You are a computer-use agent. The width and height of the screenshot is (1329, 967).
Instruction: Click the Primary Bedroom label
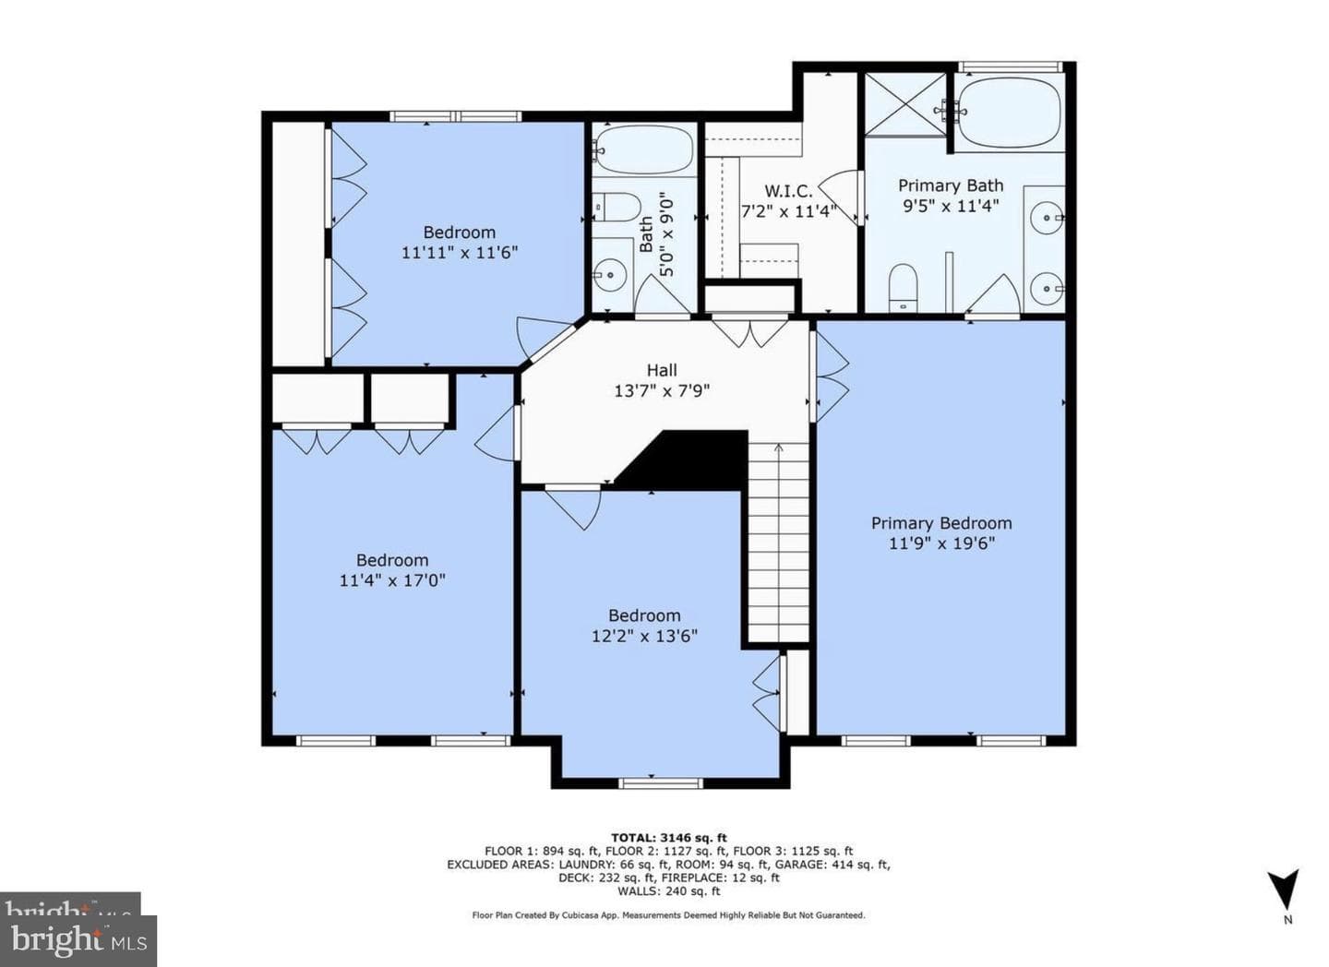coord(941,523)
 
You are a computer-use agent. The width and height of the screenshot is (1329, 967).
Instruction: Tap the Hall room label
coord(662,370)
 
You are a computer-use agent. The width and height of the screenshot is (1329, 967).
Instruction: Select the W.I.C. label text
coord(788,191)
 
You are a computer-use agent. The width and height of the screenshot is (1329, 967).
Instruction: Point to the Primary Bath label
coord(951,185)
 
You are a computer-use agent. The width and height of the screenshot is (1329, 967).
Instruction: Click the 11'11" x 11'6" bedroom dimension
coord(460,253)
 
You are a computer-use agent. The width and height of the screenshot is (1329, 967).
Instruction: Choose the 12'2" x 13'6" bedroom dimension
coord(644,636)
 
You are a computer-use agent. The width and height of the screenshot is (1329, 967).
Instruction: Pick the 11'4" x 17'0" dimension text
coord(392,580)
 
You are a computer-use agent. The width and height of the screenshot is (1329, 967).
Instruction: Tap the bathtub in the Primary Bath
coord(1010,113)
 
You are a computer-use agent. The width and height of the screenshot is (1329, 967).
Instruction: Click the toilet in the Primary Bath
coord(903,287)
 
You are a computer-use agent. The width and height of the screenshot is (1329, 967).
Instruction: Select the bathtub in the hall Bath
coord(643,149)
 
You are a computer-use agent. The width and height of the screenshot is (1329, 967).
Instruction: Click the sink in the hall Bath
coord(607,275)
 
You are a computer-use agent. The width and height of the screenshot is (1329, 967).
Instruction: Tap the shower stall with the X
coord(905,104)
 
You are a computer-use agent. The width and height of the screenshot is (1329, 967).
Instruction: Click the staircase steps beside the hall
coord(778,543)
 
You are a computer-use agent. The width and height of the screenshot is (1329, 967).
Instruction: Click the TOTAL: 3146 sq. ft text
coord(668,838)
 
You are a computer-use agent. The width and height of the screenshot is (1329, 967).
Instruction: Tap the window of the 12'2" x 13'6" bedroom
coord(661,783)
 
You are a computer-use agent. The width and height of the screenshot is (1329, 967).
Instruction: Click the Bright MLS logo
coord(78,941)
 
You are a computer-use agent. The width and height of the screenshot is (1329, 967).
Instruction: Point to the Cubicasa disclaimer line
coord(668,915)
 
